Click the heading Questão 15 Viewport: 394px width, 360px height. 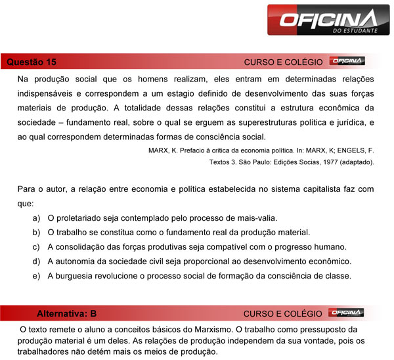(x=31, y=62)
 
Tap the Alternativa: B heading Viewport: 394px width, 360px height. (x=67, y=313)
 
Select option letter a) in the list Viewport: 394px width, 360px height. (x=36, y=218)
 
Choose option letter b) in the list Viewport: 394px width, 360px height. (x=36, y=233)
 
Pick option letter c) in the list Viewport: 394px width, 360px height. (x=36, y=247)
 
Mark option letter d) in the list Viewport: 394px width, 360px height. (x=36, y=261)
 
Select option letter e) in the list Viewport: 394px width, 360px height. (x=36, y=276)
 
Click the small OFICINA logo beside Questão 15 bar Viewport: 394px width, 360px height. (x=347, y=62)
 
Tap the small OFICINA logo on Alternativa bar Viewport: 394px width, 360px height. (x=347, y=313)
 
